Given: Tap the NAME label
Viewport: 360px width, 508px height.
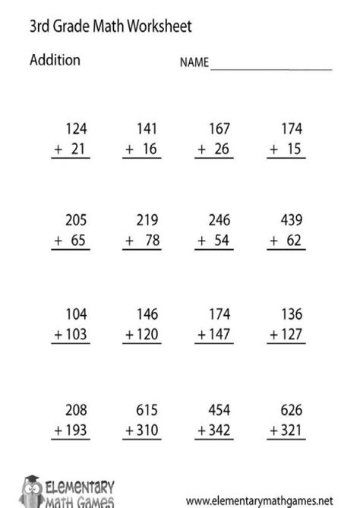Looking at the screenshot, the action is pyautogui.click(x=194, y=65).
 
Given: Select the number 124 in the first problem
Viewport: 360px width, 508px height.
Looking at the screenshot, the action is pyautogui.click(x=77, y=128).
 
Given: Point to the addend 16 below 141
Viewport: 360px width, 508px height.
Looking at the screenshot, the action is pyautogui.click(x=148, y=150).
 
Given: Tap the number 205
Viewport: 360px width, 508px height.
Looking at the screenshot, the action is pyautogui.click(x=77, y=221).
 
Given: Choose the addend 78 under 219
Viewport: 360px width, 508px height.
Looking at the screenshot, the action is pyautogui.click(x=148, y=242).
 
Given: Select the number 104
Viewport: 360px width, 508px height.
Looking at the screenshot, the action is pyautogui.click(x=77, y=313).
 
